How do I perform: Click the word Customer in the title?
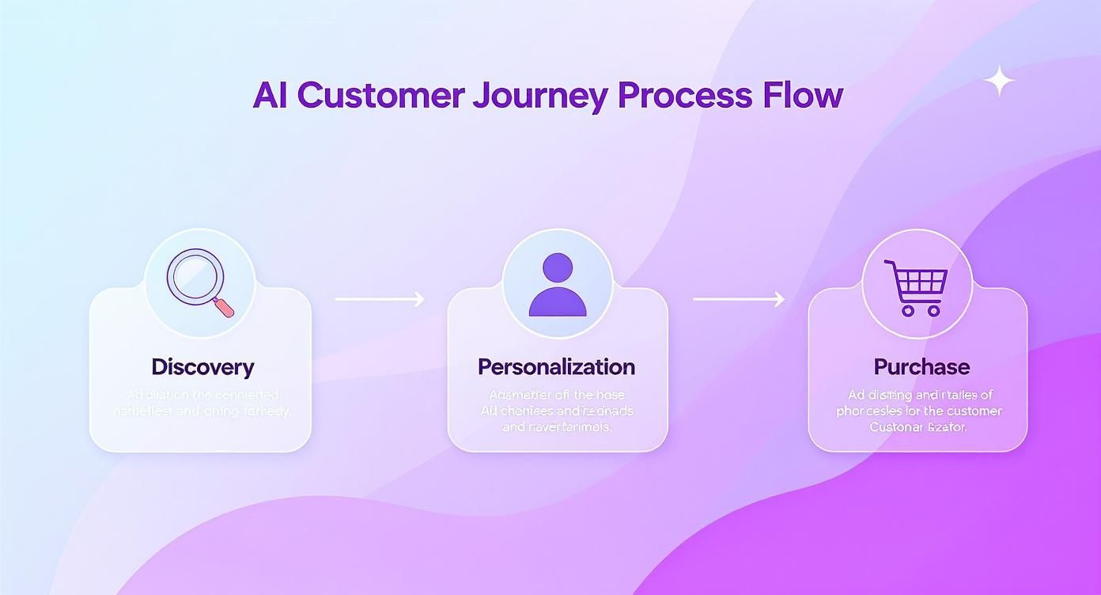(381, 95)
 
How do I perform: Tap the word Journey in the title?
(540, 96)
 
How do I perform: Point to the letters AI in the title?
(270, 95)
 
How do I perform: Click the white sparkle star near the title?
(999, 81)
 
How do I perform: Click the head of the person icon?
(558, 267)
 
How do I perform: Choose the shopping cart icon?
(917, 286)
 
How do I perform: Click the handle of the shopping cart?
(889, 264)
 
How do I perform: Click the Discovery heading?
(202, 367)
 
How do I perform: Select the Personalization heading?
(556, 367)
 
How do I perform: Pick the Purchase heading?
(921, 367)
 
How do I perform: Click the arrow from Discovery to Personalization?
(380, 299)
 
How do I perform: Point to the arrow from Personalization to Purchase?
(739, 299)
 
